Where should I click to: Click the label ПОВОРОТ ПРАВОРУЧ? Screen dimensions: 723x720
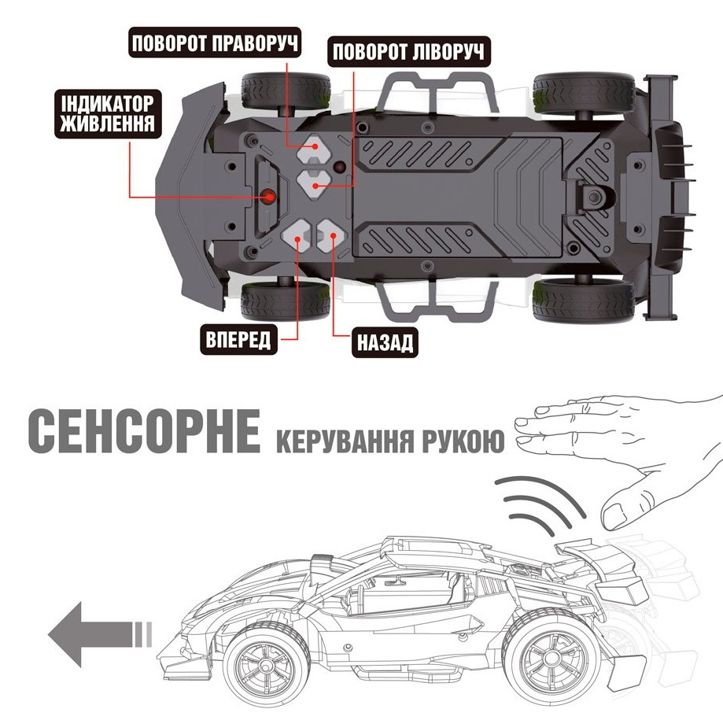tap(215, 43)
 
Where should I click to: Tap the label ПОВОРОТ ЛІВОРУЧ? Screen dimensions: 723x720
tap(408, 51)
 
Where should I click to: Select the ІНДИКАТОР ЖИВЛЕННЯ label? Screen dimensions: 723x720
tap(108, 114)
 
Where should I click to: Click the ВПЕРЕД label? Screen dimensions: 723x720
tap(238, 339)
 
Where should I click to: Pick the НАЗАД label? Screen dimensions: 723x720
tap(385, 343)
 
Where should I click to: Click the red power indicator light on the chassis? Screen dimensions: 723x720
tap(269, 197)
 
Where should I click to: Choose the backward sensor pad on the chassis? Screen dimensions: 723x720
tap(332, 236)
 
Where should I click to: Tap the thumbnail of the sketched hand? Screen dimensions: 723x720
tap(615, 515)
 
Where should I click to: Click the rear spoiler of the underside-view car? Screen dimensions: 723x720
tap(662, 197)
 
